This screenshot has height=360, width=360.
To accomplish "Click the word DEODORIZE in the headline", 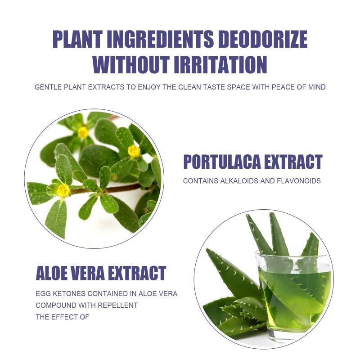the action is tap(262, 39).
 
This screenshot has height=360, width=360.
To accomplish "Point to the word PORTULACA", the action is tap(222, 162).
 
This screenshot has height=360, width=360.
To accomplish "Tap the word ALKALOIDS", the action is tap(239, 181).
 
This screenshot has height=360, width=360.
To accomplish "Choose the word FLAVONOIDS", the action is tap(299, 181).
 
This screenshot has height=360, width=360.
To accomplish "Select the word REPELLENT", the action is tap(117, 306).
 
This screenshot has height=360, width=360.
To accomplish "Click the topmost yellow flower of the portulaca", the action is tap(83, 132).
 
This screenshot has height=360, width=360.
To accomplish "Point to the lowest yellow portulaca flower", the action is tap(63, 190).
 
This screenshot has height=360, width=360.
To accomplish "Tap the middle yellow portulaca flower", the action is tap(134, 151).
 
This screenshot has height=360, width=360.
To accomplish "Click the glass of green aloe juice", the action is tap(294, 296).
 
